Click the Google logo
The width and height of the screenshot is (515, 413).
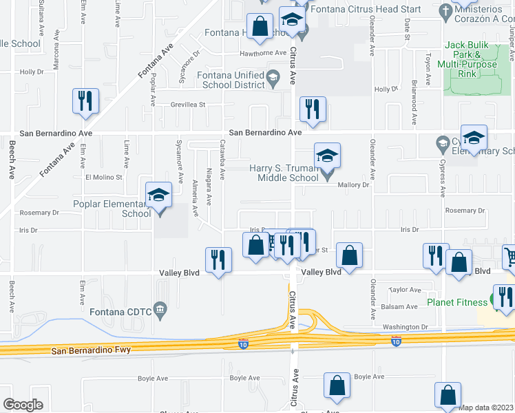23,405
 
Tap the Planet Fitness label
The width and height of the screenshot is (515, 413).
457,301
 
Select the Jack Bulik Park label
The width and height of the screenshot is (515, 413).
471,59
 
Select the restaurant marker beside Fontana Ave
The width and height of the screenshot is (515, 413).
85,100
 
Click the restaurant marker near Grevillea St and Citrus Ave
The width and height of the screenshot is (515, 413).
313,109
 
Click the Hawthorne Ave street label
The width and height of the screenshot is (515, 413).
262,53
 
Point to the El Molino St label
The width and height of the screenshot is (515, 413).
103,177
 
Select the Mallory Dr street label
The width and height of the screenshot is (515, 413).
353,184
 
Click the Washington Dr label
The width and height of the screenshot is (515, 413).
405,327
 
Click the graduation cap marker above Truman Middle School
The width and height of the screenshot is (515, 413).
327,155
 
